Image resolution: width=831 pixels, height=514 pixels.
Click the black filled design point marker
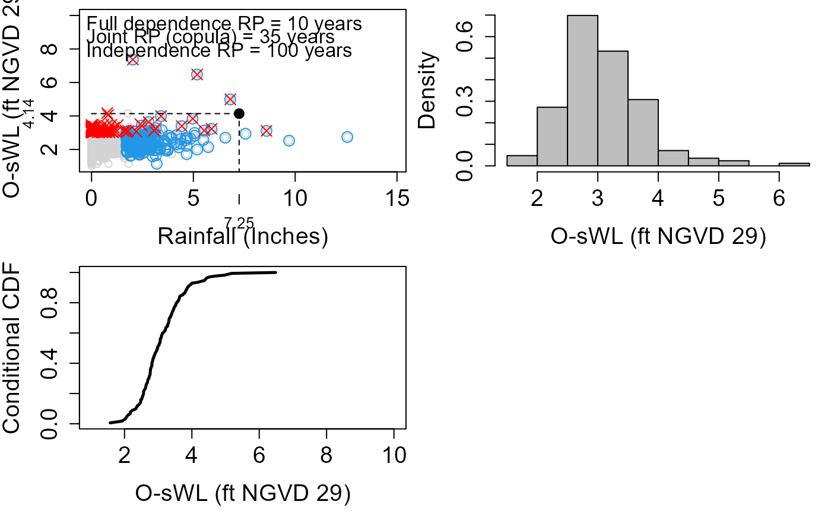[239, 113]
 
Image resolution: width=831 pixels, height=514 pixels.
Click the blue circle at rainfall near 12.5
[347, 137]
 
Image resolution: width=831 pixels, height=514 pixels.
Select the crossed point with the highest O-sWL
[133, 60]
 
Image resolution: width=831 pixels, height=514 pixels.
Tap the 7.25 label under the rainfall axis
[239, 223]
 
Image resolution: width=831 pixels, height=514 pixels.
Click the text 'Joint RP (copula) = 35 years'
[211, 37]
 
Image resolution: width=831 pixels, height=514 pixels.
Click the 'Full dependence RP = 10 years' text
[224, 24]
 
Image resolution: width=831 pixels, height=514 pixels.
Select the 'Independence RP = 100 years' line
[219, 50]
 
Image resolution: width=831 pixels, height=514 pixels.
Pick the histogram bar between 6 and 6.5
[794, 164]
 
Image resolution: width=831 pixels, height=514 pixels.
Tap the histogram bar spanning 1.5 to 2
[522, 160]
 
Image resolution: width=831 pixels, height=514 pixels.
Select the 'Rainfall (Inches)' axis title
[243, 237]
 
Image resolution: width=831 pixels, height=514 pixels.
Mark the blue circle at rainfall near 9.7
[289, 141]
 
